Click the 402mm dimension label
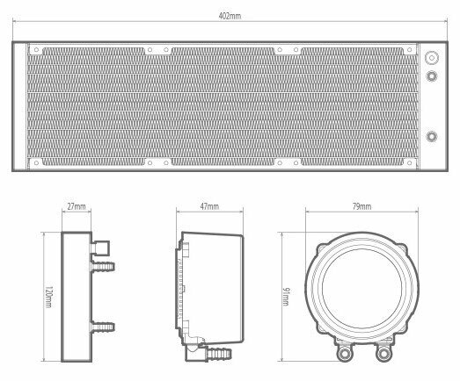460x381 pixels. tap(230, 16)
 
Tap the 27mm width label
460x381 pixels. tap(77, 206)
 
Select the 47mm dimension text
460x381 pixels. tap(209, 206)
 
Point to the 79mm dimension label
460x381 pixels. tap(361, 206)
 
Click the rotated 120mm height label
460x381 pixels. tap(48, 297)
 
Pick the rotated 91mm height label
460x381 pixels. tap(286, 297)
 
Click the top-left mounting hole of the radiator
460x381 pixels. tap(36, 50)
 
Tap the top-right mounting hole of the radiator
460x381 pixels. tap(410, 50)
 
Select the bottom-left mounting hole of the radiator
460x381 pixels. tap(36, 162)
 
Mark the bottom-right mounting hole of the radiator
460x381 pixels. tap(410, 162)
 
